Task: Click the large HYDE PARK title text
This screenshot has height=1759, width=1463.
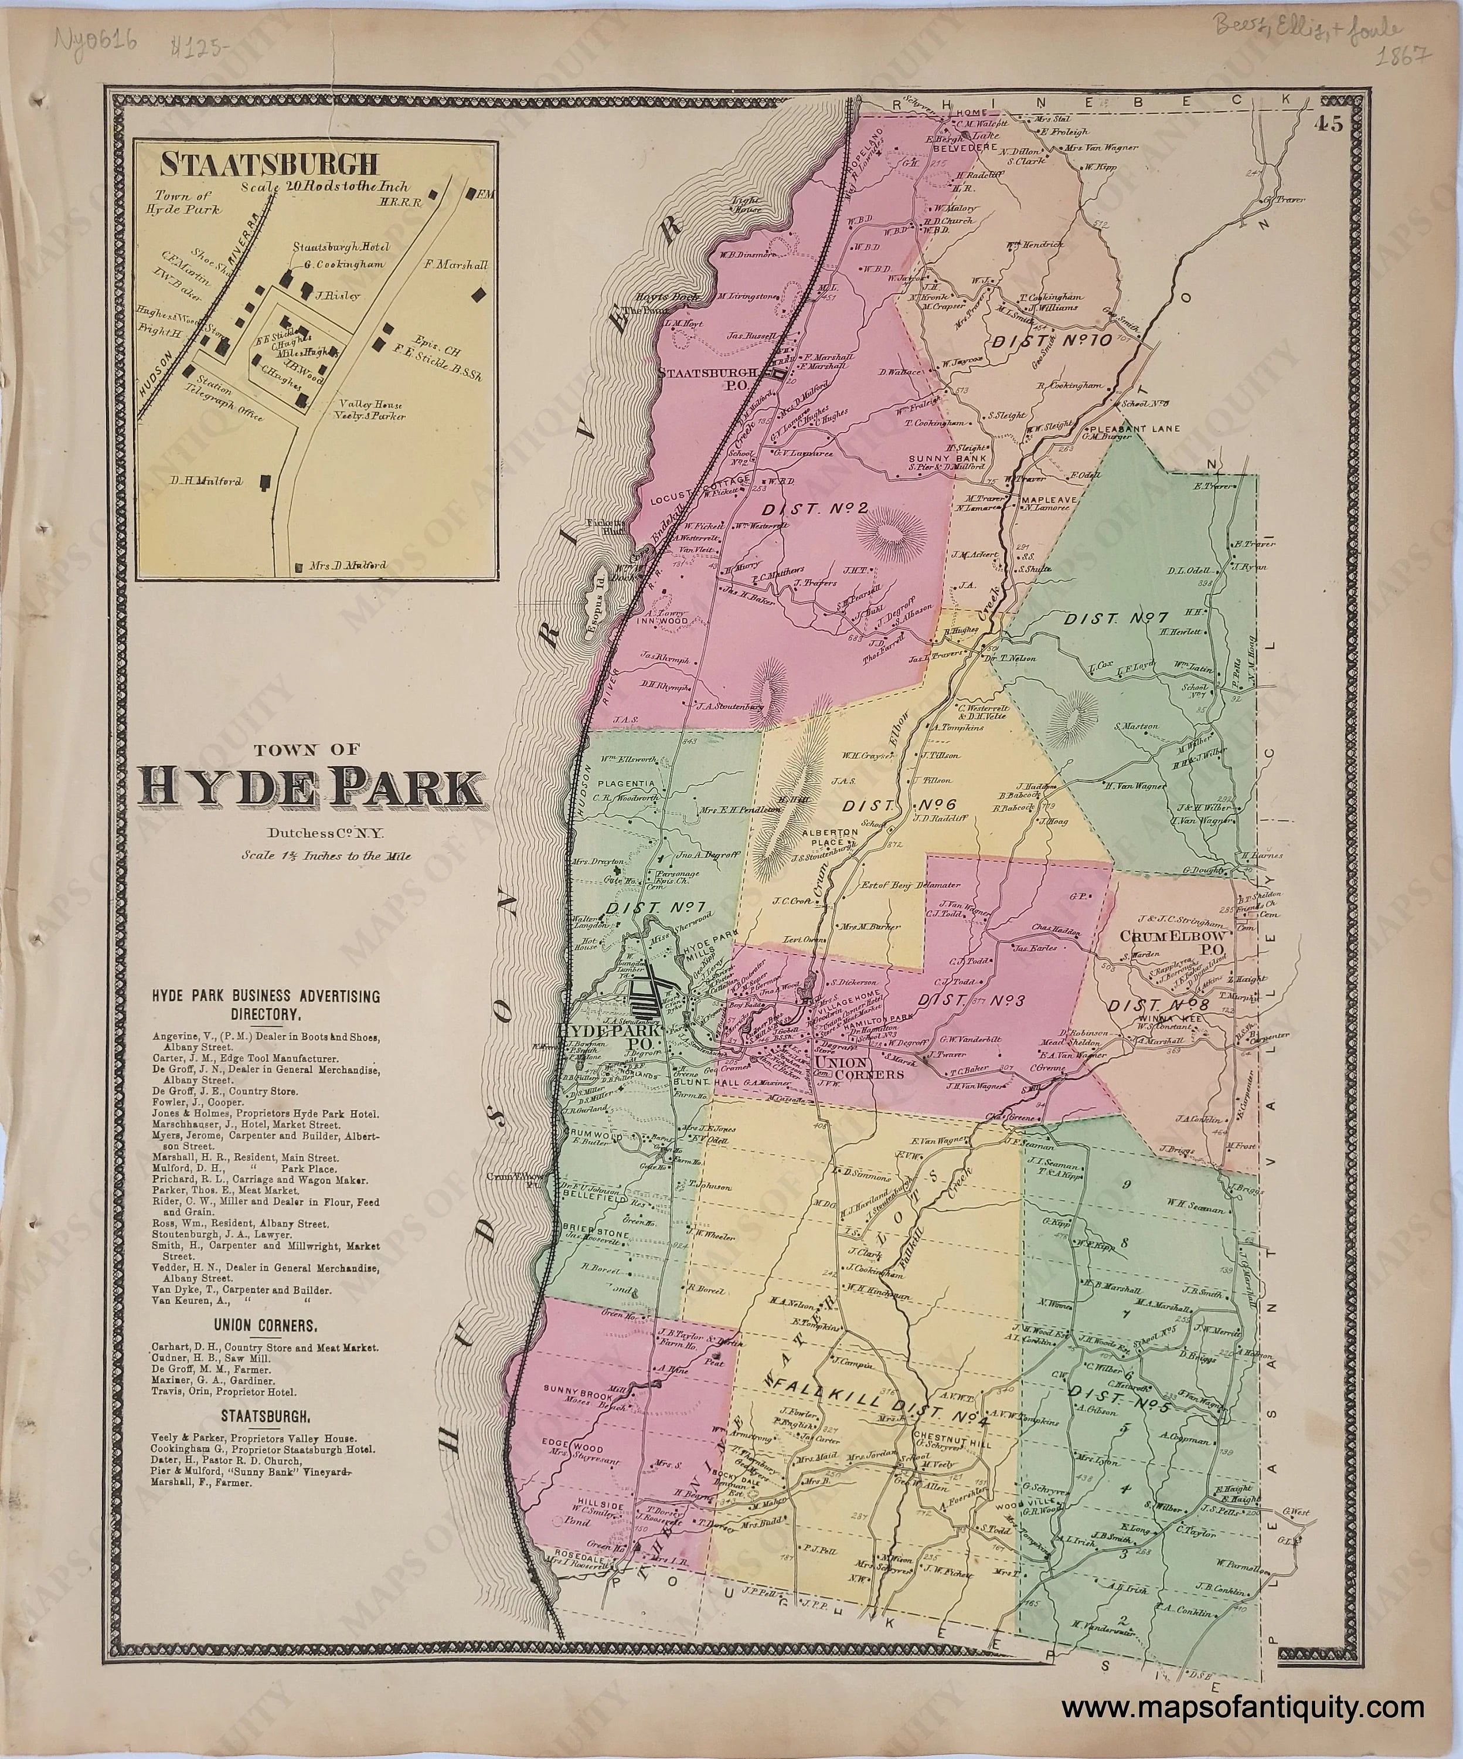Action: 314,788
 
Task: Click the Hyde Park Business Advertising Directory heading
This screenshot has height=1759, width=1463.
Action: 266,1004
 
